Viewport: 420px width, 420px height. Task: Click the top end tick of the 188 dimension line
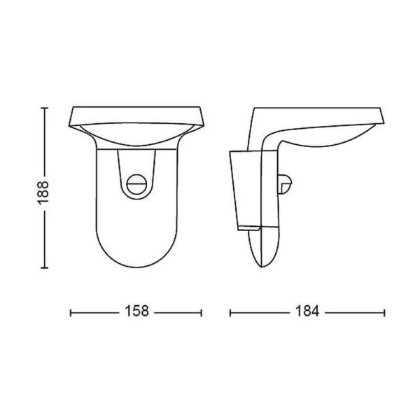(45, 107)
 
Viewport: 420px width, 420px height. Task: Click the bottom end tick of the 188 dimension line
(45, 269)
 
